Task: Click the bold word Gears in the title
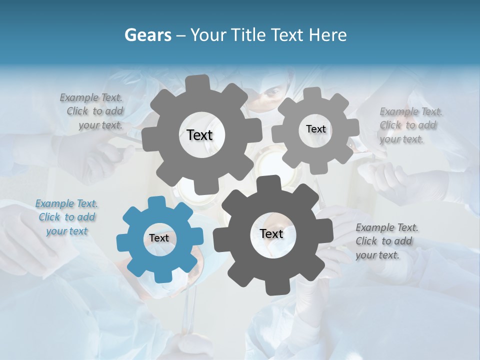click(x=147, y=35)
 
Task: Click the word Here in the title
click(x=328, y=35)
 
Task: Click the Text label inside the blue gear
click(x=159, y=238)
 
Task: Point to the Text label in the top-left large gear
click(x=199, y=135)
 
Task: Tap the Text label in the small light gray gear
click(x=315, y=129)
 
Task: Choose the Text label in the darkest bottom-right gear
click(x=271, y=233)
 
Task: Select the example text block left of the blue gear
click(x=66, y=217)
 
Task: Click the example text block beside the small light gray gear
click(x=408, y=125)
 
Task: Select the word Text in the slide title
click(x=288, y=35)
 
